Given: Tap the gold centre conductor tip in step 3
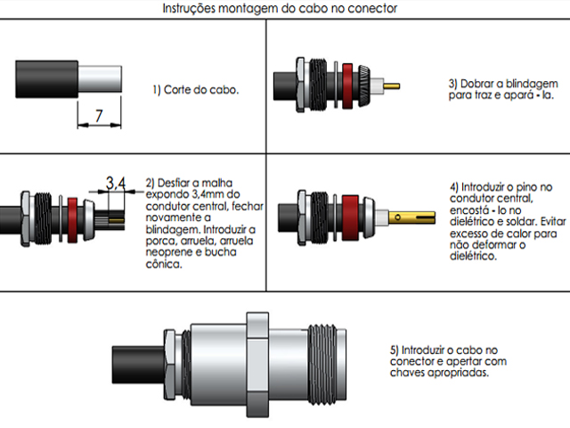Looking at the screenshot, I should tap(393, 86).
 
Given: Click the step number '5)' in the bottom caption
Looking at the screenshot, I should tap(396, 350).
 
